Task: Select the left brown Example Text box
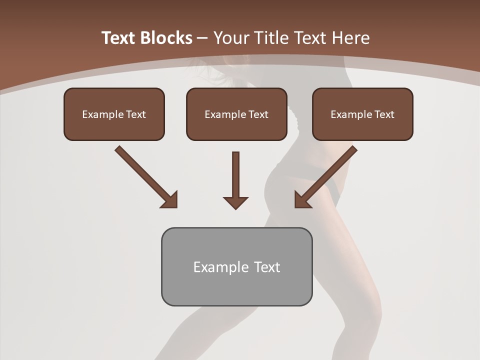click(114, 114)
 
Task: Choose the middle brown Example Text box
click(236, 114)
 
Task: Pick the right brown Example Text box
click(362, 114)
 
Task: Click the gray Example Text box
click(236, 266)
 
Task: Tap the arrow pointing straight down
click(235, 180)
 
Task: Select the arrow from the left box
click(145, 176)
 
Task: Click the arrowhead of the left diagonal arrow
click(170, 199)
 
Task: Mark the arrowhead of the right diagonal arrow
click(302, 199)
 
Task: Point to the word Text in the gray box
click(267, 267)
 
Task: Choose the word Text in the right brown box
click(384, 114)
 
